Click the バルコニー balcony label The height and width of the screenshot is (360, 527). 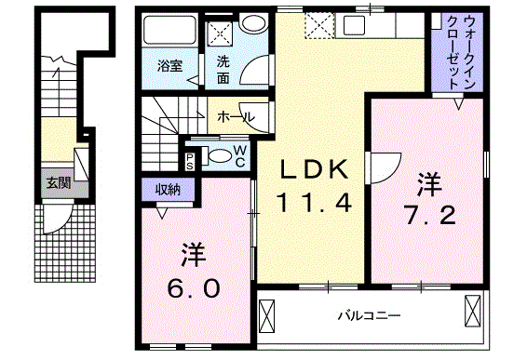[x=369, y=316]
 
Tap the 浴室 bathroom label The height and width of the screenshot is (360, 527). [x=169, y=66]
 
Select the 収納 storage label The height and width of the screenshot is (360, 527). [x=168, y=188]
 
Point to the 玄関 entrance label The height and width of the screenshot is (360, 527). [x=58, y=182]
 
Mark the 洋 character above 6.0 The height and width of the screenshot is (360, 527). [x=193, y=254]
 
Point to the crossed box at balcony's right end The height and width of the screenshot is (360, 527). [x=470, y=311]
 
